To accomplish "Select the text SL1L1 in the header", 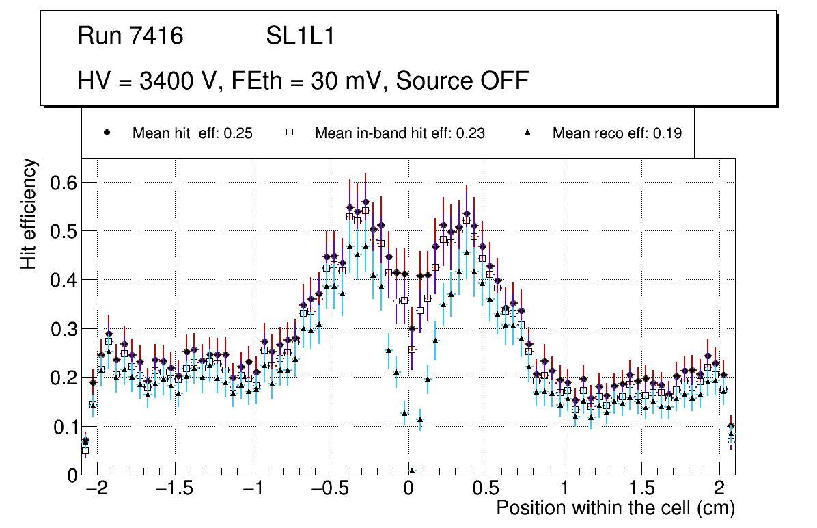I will click(300, 36).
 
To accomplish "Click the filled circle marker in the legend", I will click(107, 133).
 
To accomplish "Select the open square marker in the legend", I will click(289, 133).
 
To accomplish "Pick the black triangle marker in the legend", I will click(527, 133).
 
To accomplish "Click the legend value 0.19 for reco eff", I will click(667, 133).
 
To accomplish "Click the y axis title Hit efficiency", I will click(29, 214).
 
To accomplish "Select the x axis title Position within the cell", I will click(615, 508).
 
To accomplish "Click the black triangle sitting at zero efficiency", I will click(412, 471).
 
